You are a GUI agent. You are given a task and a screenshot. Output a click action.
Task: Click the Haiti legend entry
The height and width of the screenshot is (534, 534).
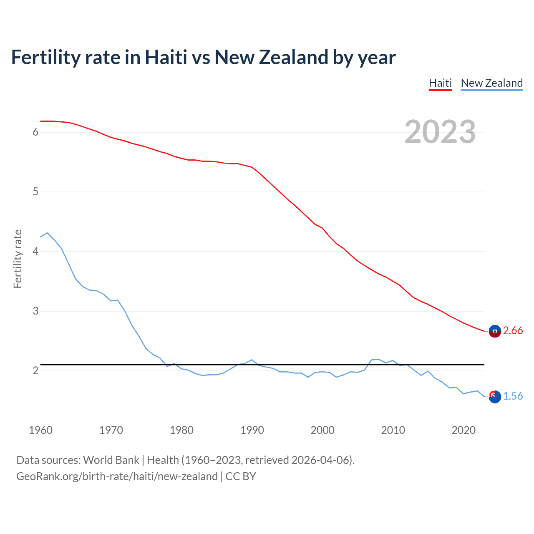pyautogui.click(x=440, y=83)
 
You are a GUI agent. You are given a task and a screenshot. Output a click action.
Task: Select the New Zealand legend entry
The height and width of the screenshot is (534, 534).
pyautogui.click(x=491, y=83)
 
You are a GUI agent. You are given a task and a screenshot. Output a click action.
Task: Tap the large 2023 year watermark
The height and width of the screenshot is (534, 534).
pyautogui.click(x=440, y=132)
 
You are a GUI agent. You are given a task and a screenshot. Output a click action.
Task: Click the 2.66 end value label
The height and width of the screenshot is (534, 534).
pyautogui.click(x=513, y=330)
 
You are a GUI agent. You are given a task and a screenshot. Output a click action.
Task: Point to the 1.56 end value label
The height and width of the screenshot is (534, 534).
pyautogui.click(x=513, y=396)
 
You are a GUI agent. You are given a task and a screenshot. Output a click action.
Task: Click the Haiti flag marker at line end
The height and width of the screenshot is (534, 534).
pyautogui.click(x=495, y=331)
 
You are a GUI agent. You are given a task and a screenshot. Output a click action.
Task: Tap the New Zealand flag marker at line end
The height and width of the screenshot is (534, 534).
pyautogui.click(x=495, y=397)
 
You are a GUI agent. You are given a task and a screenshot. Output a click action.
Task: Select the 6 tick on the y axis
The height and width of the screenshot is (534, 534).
pyautogui.click(x=35, y=132)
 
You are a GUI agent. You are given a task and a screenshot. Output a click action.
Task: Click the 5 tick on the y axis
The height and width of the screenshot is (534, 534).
pyautogui.click(x=35, y=192)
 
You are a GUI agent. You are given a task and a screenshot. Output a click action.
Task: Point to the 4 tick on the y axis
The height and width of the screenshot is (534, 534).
pyautogui.click(x=35, y=252)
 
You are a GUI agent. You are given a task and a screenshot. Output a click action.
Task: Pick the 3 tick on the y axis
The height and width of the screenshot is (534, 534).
pyautogui.click(x=35, y=311)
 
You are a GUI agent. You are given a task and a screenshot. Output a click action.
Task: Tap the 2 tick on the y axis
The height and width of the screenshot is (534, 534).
pyautogui.click(x=35, y=371)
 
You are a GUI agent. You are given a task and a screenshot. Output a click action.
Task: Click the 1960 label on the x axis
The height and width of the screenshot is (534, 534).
pyautogui.click(x=40, y=430)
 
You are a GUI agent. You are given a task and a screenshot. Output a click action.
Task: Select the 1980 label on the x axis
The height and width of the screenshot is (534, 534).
pyautogui.click(x=181, y=430)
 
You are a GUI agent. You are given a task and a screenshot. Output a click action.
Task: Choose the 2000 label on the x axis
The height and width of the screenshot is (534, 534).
pyautogui.click(x=322, y=430)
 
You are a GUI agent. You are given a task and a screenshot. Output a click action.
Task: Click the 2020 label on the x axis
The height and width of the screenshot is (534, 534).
pyautogui.click(x=463, y=430)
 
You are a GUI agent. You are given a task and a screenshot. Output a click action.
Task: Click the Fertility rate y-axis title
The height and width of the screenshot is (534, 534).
pyautogui.click(x=18, y=259)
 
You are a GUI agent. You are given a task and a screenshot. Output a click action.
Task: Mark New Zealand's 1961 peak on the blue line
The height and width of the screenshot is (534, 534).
pyautogui.click(x=47, y=233)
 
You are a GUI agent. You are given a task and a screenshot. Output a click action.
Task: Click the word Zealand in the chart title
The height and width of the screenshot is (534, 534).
pyautogui.click(x=294, y=58)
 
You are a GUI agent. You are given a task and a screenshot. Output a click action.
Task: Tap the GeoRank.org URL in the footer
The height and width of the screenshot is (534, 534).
pyautogui.click(x=117, y=476)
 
